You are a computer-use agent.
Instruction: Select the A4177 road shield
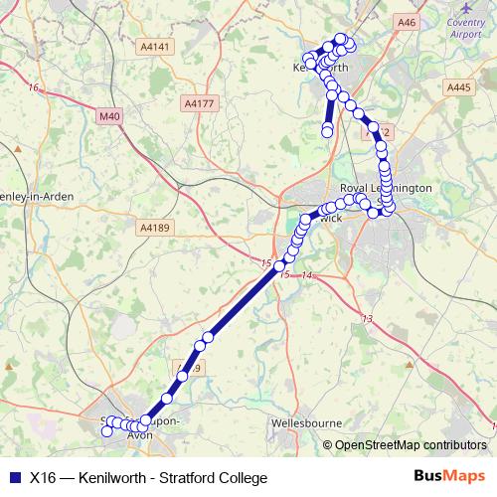click(198, 103)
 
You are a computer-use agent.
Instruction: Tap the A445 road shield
click(458, 88)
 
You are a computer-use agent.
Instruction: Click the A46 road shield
click(406, 22)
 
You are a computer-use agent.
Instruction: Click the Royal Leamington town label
click(386, 188)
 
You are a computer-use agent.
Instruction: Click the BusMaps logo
click(449, 477)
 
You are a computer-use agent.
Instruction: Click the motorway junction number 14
click(306, 274)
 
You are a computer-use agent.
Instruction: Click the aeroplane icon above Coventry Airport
click(468, 9)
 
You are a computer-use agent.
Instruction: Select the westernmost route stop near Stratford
click(107, 431)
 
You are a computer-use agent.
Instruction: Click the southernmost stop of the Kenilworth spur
click(327, 132)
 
